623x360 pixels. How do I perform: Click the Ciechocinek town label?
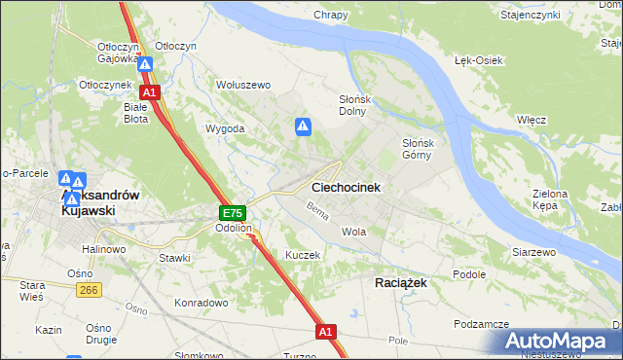(x=346, y=187)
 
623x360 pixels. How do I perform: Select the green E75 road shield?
(x=232, y=213)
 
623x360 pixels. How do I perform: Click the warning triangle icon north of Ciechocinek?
(x=303, y=126)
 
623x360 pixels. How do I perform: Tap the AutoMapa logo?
(x=561, y=342)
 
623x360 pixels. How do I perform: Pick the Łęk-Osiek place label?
(x=478, y=60)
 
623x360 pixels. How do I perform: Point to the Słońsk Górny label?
(x=424, y=148)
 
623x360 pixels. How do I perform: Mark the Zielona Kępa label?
(x=550, y=199)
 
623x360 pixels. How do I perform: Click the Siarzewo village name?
(x=533, y=251)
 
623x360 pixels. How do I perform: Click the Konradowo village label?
(x=201, y=303)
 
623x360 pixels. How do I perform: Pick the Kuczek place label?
(x=302, y=254)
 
